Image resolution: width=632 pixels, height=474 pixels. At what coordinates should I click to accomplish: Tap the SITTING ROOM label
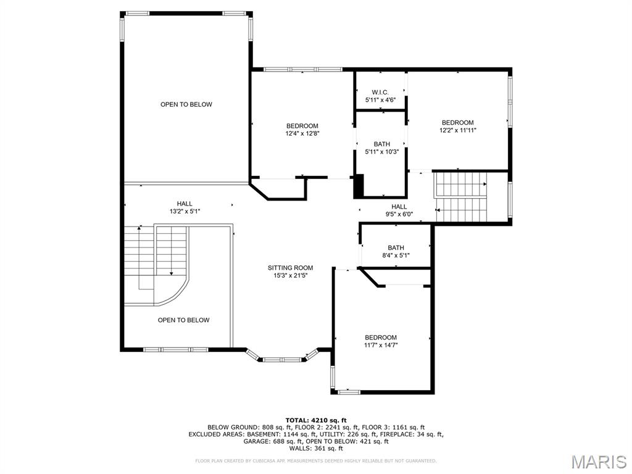[x=290, y=268]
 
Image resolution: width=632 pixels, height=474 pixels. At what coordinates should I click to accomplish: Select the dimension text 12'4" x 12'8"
[x=302, y=133]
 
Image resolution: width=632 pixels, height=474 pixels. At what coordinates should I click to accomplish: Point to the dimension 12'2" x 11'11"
[x=457, y=130]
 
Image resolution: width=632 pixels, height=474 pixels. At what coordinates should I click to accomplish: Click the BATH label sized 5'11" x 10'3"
[x=381, y=144]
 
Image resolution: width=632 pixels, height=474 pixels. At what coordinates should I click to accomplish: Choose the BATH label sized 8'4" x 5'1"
[x=396, y=247]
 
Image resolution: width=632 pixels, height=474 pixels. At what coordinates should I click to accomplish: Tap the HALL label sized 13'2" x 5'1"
[x=185, y=204]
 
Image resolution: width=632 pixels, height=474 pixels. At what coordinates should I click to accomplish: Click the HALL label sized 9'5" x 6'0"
[x=399, y=207]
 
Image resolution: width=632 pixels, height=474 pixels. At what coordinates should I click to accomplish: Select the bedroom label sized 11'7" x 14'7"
[x=381, y=338]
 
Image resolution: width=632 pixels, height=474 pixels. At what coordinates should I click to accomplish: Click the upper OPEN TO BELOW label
[x=186, y=104]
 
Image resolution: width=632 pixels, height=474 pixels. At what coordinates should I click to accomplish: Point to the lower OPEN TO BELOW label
[x=183, y=320]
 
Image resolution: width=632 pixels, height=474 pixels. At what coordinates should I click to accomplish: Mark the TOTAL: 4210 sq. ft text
[x=316, y=420]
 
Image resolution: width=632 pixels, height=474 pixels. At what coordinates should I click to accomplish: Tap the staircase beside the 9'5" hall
[x=461, y=196]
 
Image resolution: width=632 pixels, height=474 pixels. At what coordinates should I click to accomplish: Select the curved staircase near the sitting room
[x=160, y=265]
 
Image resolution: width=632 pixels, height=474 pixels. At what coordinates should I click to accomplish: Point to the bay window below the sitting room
[x=282, y=356]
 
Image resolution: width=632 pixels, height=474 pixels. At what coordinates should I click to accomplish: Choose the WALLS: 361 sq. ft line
[x=316, y=449]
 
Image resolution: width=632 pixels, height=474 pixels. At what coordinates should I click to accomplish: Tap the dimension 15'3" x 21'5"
[x=290, y=276]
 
